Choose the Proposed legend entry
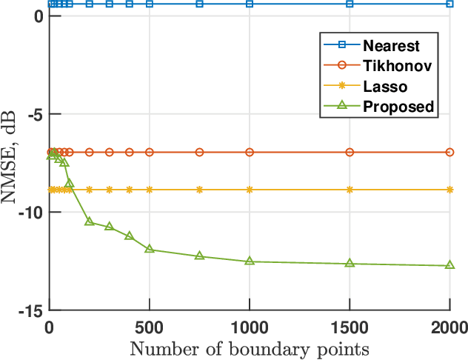pyautogui.click(x=397, y=106)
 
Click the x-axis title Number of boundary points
pyautogui.click(x=250, y=348)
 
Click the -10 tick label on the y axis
pyautogui.click(x=32, y=213)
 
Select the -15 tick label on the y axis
pyautogui.click(x=32, y=310)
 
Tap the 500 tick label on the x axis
pyautogui.click(x=150, y=326)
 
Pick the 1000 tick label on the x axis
pyautogui.click(x=250, y=326)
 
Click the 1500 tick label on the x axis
pyautogui.click(x=350, y=326)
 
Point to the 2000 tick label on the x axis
pyautogui.click(x=449, y=326)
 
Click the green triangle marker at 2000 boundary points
pyautogui.click(x=449, y=264)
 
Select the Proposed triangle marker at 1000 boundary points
pyautogui.click(x=250, y=261)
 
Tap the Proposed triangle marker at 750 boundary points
pyautogui.click(x=199, y=256)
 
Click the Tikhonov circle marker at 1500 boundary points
pyautogui.click(x=350, y=152)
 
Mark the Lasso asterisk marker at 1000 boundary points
pyautogui.click(x=250, y=190)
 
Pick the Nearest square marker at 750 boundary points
pyautogui.click(x=199, y=4)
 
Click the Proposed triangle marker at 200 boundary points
pyautogui.click(x=90, y=221)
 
